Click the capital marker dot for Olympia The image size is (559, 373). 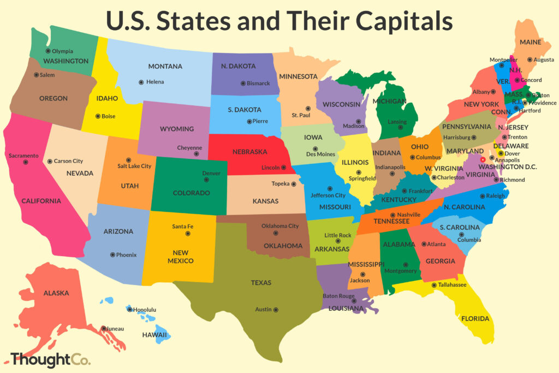[48, 51]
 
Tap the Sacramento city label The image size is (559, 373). [23, 156]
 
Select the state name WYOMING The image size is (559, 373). [177, 129]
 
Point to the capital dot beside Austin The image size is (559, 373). [276, 310]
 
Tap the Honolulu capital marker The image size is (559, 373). [129, 310]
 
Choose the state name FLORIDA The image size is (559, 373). [475, 318]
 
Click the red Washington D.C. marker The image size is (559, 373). [482, 160]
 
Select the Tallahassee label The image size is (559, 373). [452, 285]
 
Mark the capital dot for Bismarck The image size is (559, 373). [243, 84]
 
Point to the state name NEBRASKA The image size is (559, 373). [249, 151]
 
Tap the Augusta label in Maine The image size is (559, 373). [544, 60]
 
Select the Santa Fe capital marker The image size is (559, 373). [187, 233]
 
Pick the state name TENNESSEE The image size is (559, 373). [391, 221]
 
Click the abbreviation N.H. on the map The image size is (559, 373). [516, 70]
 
